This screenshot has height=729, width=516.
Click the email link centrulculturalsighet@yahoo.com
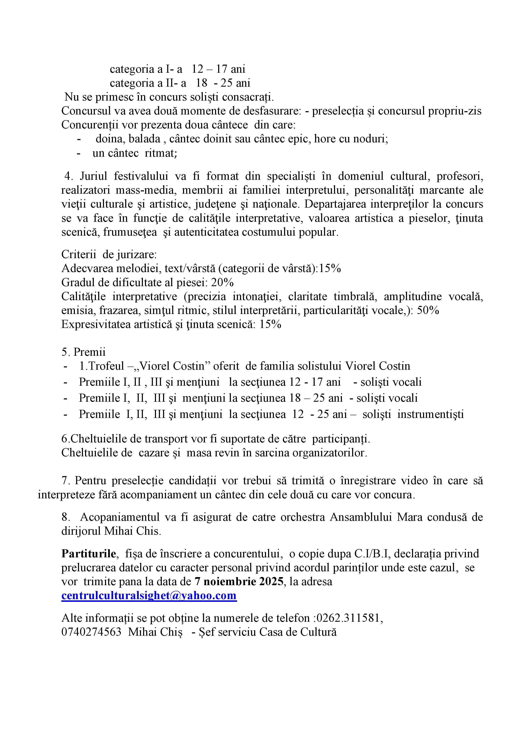click(x=149, y=595)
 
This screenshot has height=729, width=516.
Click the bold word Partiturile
click(x=89, y=553)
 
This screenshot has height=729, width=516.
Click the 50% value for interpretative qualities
click(x=428, y=310)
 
